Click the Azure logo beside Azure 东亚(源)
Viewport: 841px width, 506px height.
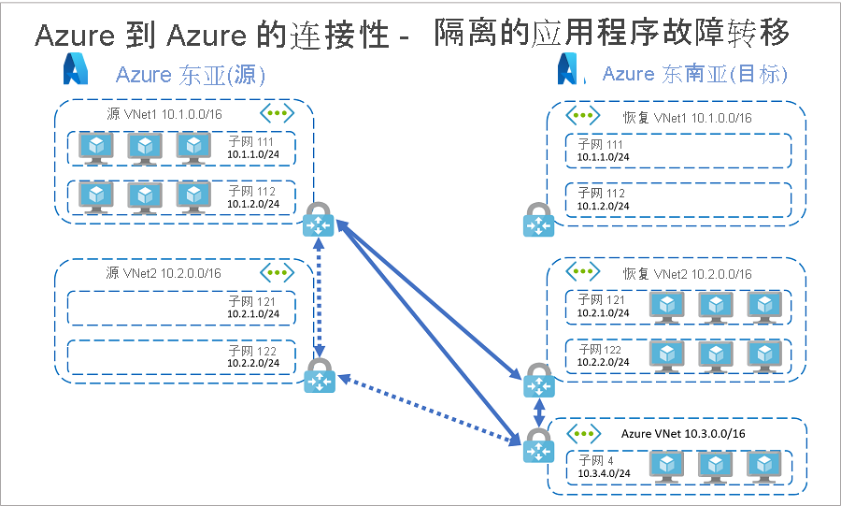pyautogui.click(x=76, y=70)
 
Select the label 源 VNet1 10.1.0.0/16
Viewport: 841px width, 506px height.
pyautogui.click(x=164, y=115)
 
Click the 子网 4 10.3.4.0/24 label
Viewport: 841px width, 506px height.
pyautogui.click(x=603, y=466)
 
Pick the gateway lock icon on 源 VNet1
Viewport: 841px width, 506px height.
pyautogui.click(x=319, y=221)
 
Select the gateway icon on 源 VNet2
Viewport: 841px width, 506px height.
pyautogui.click(x=319, y=376)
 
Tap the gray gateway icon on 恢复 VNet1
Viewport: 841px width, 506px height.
pyautogui.click(x=538, y=221)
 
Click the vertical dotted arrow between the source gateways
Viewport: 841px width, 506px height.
pyautogui.click(x=320, y=297)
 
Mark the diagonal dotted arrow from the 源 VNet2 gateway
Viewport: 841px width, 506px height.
pyautogui.click(x=430, y=409)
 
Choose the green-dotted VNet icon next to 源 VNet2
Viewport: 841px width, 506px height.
pyautogui.click(x=277, y=272)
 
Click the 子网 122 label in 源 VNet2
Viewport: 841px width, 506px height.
pyautogui.click(x=251, y=356)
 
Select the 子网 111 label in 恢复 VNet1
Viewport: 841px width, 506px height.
pyautogui.click(x=603, y=150)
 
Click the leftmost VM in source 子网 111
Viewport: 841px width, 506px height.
pyautogui.click(x=97, y=147)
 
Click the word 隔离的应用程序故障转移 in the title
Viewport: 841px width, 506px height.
pyautogui.click(x=612, y=34)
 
